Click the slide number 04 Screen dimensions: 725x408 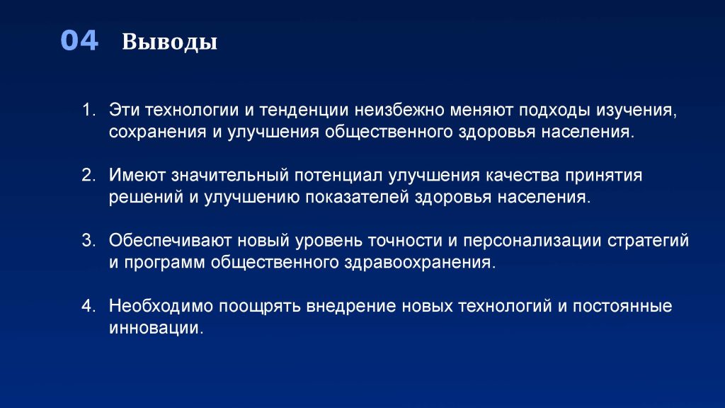coord(79,40)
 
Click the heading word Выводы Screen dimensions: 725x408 coord(170,42)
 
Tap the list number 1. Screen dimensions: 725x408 coord(89,110)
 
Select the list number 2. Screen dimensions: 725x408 coord(89,176)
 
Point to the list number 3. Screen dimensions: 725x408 coord(89,241)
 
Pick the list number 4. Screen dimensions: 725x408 coord(89,306)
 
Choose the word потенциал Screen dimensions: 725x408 coord(338,176)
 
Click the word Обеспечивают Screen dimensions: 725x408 coord(170,241)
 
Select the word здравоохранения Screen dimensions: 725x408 coord(420,263)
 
